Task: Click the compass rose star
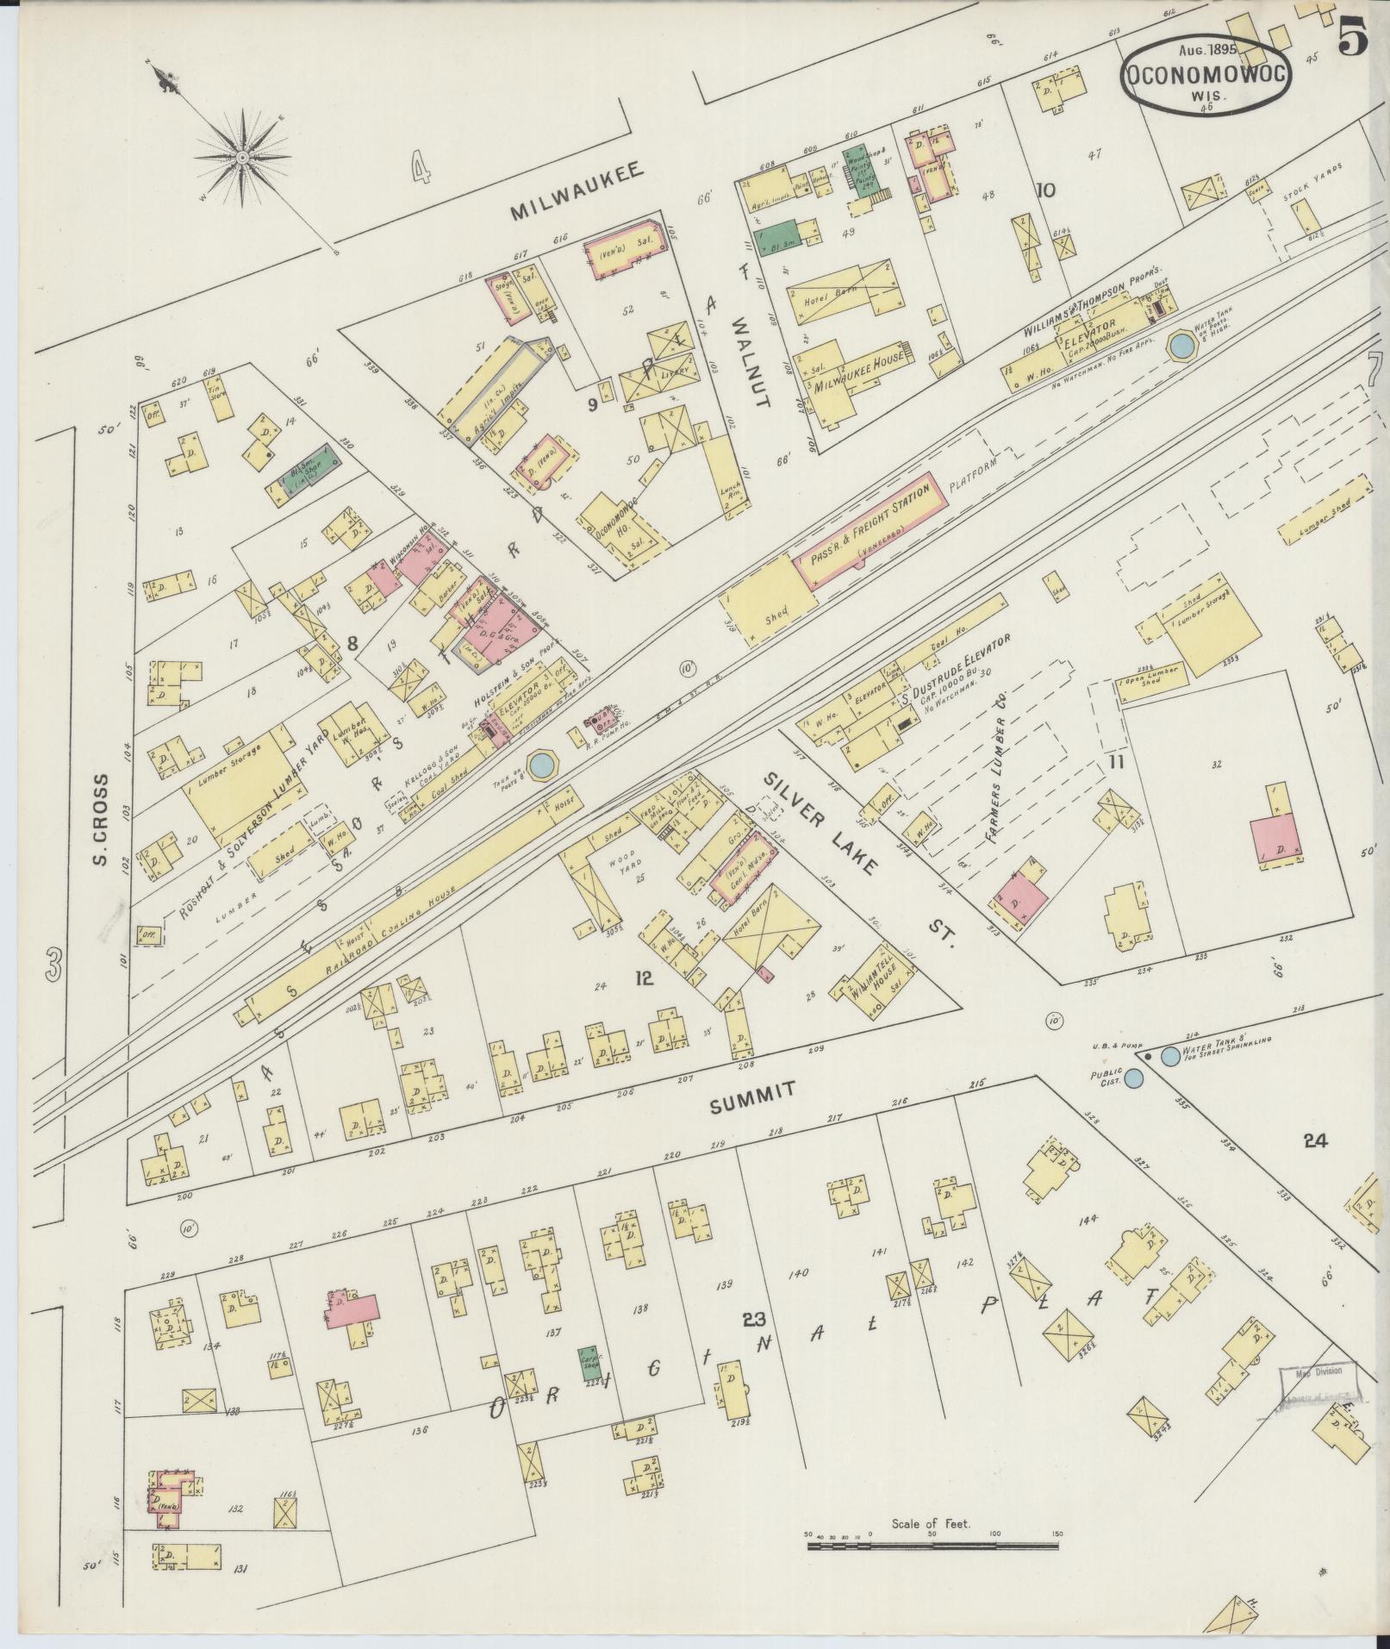pyautogui.click(x=243, y=158)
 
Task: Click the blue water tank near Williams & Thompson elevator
pyautogui.click(x=1181, y=347)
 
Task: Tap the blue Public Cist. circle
pyautogui.click(x=1135, y=1077)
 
